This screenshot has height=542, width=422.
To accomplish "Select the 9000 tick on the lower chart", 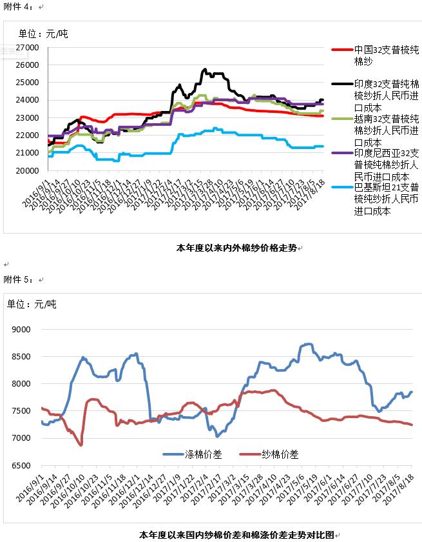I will [x=22, y=329].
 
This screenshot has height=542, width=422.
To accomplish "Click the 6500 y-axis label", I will [x=22, y=465].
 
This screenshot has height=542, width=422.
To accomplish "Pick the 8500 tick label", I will [x=22, y=356].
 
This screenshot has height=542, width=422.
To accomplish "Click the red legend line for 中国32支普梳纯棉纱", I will [x=341, y=49].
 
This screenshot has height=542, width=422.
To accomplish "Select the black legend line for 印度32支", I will [x=341, y=84].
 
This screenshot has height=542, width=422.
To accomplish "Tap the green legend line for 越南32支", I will [x=341, y=119].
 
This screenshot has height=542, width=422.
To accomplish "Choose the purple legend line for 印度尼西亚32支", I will [x=341, y=153].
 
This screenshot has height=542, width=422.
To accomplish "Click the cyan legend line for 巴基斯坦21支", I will [x=341, y=188].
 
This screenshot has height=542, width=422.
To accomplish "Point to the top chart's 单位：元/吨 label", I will [x=43, y=34].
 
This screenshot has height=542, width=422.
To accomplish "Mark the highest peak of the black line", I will [x=205, y=69].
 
